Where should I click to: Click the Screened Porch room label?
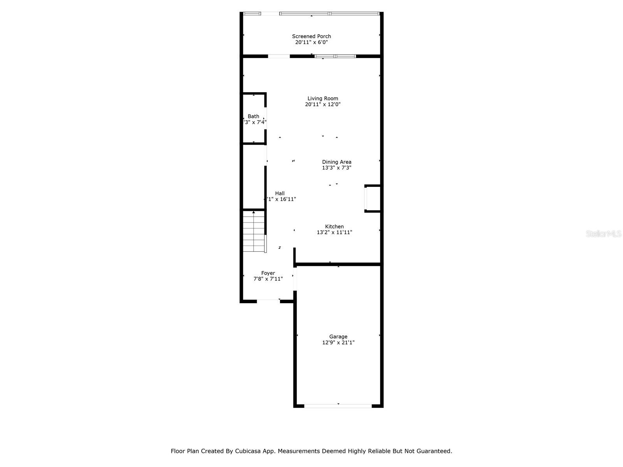pos(311,36)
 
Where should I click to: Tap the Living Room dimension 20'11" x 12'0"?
pos(323,104)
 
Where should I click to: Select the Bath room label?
pos(253,116)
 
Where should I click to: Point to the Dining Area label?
pos(336,162)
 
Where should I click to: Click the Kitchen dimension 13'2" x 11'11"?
pos(334,232)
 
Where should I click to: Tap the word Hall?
pos(280,193)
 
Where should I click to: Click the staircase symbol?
pos(254,232)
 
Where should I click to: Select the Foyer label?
pos(268,273)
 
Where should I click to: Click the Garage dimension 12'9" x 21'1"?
pos(338,342)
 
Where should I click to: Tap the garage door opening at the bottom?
pos(338,406)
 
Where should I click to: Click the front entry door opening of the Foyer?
pos(268,301)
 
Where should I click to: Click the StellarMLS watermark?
pos(604,233)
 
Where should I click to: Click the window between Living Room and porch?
pos(335,56)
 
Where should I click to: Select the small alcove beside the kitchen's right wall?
pos(373,198)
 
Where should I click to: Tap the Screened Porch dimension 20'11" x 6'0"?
pos(311,42)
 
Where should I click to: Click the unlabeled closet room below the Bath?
pos(253,177)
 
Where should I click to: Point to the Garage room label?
pos(338,337)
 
